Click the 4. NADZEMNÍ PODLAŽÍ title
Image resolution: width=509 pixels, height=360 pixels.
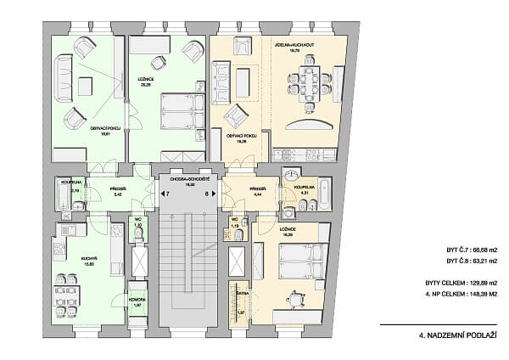[x=456, y=336]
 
